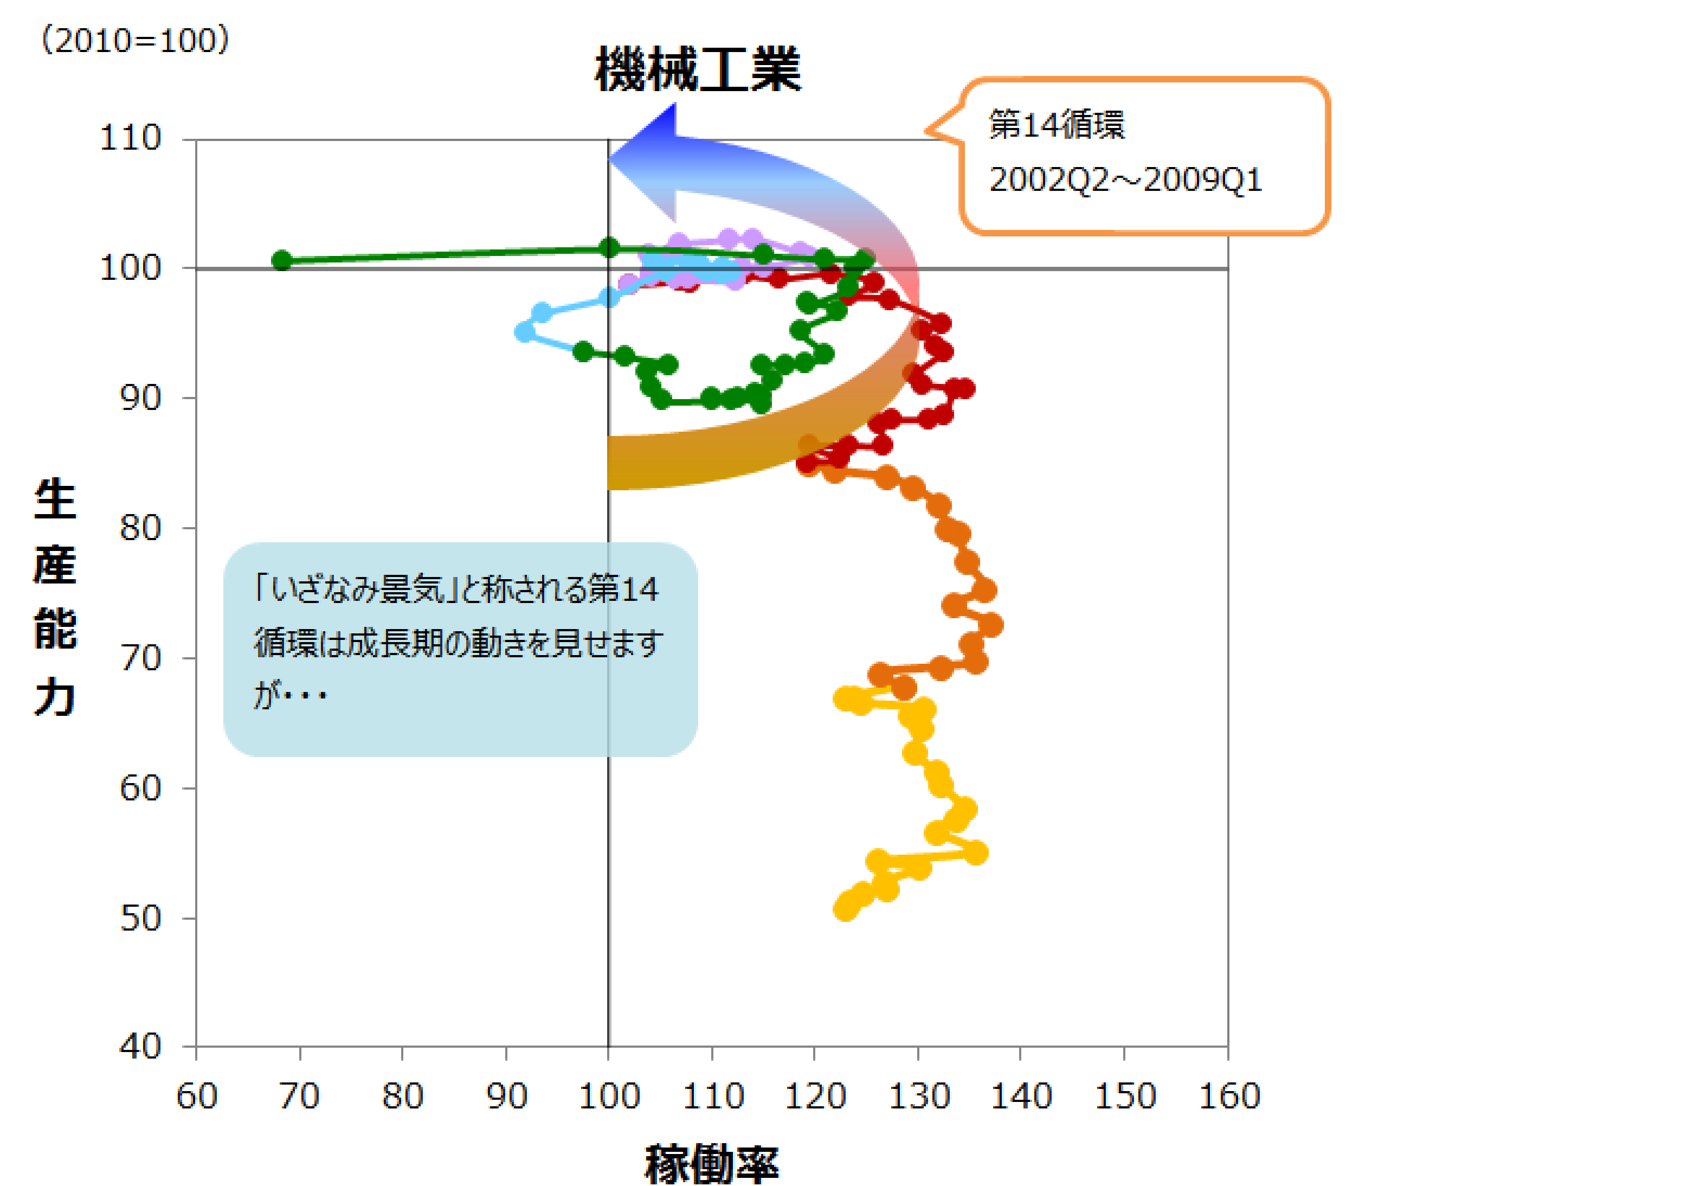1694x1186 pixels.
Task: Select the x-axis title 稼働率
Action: coord(712,1164)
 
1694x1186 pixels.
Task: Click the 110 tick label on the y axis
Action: coord(131,138)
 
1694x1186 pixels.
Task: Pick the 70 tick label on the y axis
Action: coord(140,658)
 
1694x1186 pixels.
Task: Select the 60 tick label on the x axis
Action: coord(197,1097)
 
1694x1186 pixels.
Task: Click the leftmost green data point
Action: coord(282,260)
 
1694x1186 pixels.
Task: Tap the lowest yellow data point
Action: coord(845,909)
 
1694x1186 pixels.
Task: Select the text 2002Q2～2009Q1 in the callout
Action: coord(1125,179)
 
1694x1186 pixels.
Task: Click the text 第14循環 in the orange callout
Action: coord(1057,124)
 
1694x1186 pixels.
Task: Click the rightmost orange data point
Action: coord(993,625)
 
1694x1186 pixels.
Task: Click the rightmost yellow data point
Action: coord(977,853)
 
